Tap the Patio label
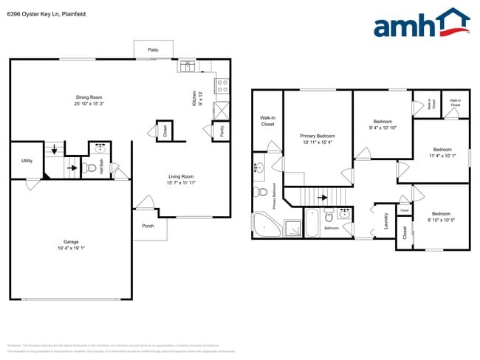click(x=153, y=50)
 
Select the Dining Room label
click(x=89, y=97)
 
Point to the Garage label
click(x=71, y=241)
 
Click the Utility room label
click(x=27, y=160)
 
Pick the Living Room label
click(x=181, y=176)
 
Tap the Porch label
click(x=148, y=226)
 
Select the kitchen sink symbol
click(x=185, y=66)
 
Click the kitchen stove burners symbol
click(x=222, y=86)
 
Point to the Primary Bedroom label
click(x=318, y=136)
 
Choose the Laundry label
click(x=385, y=221)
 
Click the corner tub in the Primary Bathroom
click(x=265, y=224)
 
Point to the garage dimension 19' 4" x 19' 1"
click(x=71, y=248)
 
